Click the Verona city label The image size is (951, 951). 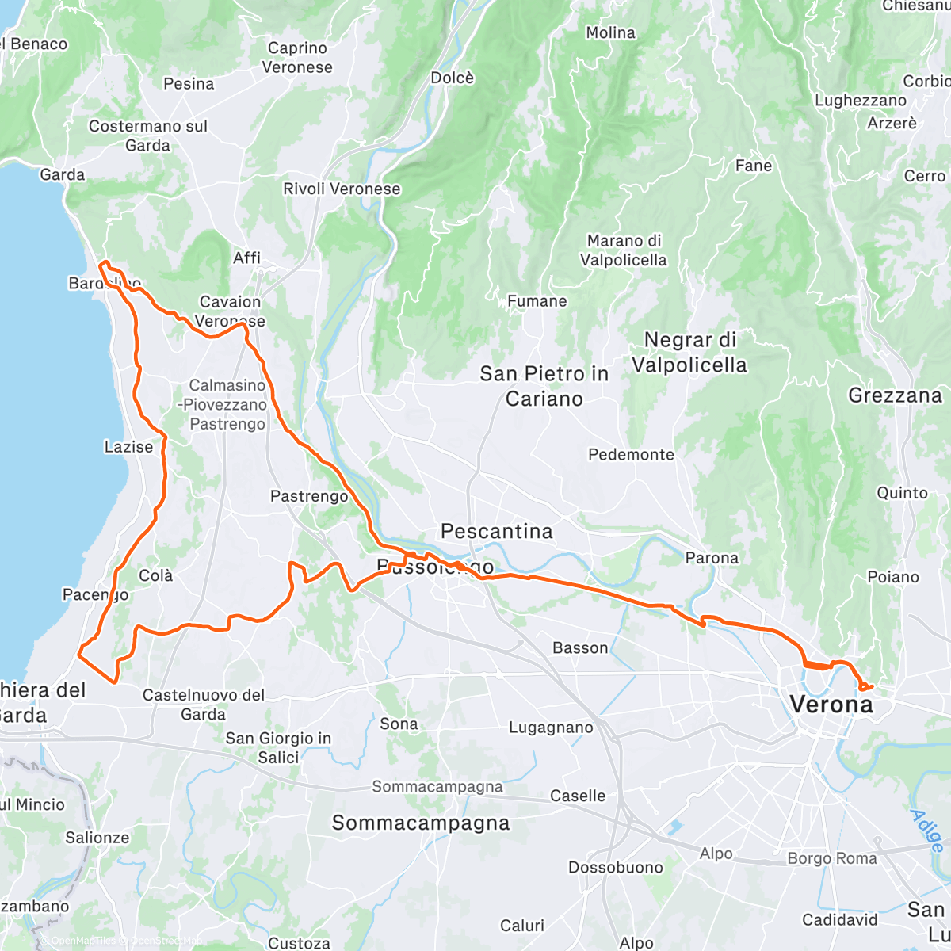click(831, 704)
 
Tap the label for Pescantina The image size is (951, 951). click(497, 531)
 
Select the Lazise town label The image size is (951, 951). click(128, 447)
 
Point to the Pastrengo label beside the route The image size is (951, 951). click(309, 496)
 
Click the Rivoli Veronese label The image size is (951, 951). click(342, 189)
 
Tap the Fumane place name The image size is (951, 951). click(537, 301)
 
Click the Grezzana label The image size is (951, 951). click(895, 395)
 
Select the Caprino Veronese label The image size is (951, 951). click(297, 58)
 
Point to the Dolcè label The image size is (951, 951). click(453, 78)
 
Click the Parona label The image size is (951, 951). click(712, 558)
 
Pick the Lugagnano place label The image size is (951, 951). click(551, 728)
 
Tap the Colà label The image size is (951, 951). click(155, 575)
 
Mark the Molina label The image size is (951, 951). click(610, 32)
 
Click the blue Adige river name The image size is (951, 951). click(927, 831)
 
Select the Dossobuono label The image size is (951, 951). click(615, 867)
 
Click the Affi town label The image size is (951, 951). click(246, 258)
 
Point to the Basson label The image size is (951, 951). click(580, 648)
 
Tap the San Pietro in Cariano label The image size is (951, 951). click(544, 386)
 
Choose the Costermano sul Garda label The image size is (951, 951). click(148, 136)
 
